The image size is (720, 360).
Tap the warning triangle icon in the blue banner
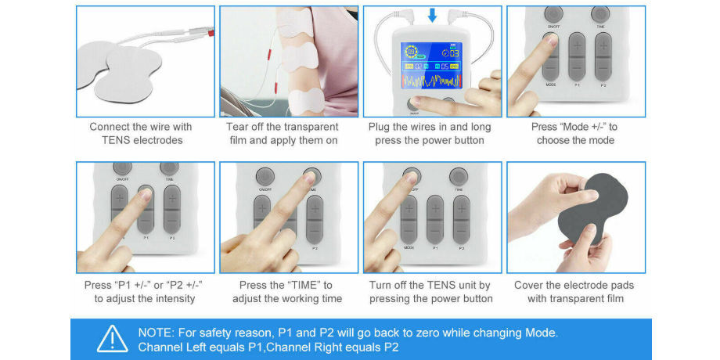(112, 338)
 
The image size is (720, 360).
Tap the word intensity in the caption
(171, 298)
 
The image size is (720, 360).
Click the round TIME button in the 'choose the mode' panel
(601, 15)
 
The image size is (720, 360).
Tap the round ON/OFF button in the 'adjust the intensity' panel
(122, 169)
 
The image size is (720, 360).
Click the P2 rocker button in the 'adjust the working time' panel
(314, 218)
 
